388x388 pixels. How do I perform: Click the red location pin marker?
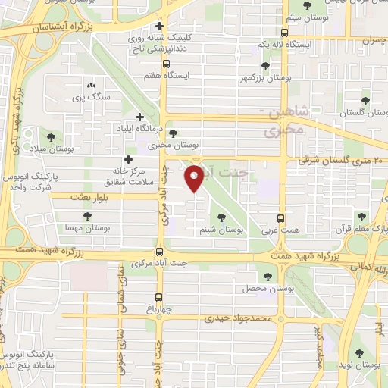pos(195,179)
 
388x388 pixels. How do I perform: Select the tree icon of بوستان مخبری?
pos(174,133)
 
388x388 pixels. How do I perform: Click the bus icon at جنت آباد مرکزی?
pos(159,252)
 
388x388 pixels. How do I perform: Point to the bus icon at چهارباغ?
pos(159,298)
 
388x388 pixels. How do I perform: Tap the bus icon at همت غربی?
pos(280,217)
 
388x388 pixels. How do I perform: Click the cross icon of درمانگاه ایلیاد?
pos(139,117)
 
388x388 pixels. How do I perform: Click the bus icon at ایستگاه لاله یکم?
pos(284,33)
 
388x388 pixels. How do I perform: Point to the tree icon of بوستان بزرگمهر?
pos(264,67)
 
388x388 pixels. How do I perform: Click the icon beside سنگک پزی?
pos(91,86)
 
